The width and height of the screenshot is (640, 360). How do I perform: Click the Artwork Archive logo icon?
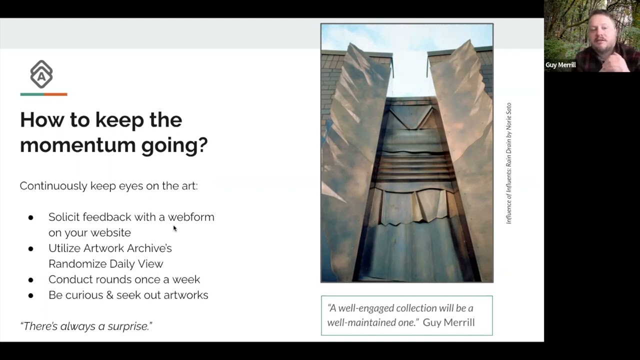point(41,74)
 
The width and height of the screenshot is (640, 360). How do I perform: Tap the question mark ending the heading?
point(202,145)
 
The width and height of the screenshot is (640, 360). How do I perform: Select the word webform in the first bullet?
point(191,217)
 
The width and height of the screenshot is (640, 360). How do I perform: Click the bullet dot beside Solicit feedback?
point(31,217)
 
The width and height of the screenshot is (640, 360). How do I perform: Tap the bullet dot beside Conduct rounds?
point(31,280)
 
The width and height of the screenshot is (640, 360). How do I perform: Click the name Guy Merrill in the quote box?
point(448,322)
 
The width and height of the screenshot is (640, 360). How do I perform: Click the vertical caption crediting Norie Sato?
point(509,163)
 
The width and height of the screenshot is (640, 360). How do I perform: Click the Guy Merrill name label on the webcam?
point(560,65)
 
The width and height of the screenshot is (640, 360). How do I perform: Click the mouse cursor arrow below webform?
point(174,228)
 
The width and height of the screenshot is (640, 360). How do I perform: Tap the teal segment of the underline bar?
point(31,94)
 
